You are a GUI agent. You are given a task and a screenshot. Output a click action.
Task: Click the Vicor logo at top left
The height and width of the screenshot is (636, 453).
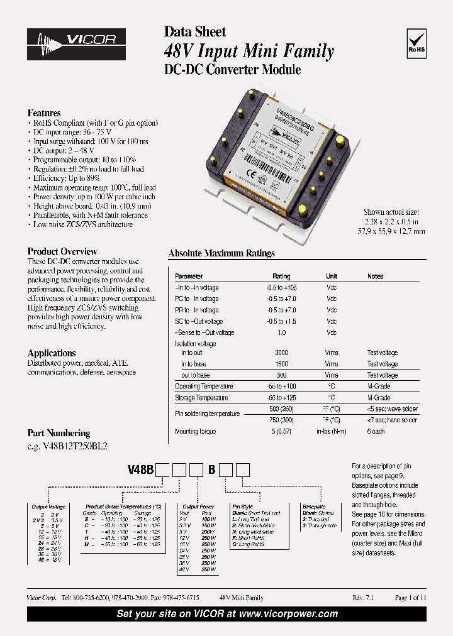coord(76,43)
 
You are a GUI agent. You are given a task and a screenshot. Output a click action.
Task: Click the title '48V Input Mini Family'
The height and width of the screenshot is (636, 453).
coord(249,51)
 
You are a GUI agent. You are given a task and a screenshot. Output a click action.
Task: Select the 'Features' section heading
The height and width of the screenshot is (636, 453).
coord(44,113)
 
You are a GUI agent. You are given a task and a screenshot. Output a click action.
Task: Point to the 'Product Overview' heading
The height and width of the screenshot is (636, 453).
coord(62,251)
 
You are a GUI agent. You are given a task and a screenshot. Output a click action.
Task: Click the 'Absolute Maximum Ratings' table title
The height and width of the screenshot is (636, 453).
coord(221,253)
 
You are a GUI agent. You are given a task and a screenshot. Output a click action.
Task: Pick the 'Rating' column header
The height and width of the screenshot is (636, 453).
coord(281,277)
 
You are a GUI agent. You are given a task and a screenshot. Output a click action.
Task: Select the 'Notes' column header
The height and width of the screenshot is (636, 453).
coord(375,277)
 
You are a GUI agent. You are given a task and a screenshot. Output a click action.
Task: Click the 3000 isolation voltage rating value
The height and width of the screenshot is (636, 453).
coord(281,353)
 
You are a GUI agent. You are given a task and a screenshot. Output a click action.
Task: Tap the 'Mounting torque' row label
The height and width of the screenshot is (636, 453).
coord(195,432)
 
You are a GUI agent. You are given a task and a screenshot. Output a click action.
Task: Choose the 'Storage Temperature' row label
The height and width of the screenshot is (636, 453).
coord(203,398)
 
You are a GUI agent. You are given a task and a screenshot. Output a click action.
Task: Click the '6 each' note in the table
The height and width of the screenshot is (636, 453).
coord(377,432)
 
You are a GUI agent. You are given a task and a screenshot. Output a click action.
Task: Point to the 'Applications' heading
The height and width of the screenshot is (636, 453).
coord(52,353)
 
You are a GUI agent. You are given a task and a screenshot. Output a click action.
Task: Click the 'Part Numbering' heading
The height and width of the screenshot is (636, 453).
coord(59,433)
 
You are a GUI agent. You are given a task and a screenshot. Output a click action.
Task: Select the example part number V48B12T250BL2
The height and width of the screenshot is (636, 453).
coord(67,446)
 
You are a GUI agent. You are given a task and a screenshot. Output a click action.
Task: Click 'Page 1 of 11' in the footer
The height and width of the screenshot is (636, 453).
coord(410,598)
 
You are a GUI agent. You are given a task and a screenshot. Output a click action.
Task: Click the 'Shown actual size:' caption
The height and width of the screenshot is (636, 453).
coord(394,212)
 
